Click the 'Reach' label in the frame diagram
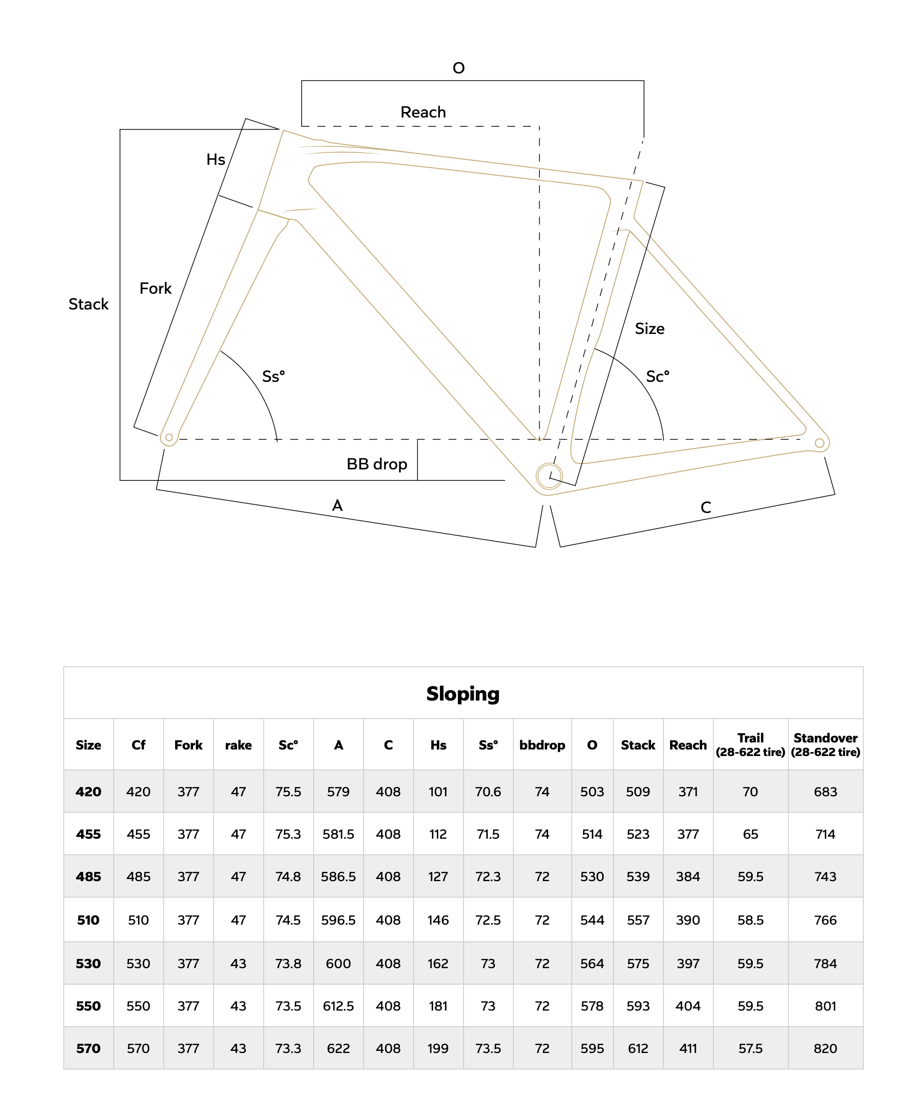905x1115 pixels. point(423,112)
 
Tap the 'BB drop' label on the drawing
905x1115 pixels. point(376,464)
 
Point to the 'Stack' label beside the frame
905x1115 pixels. point(88,304)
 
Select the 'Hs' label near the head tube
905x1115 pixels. point(215,159)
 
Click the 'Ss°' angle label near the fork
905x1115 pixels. point(273,376)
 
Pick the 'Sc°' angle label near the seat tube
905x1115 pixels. point(657,376)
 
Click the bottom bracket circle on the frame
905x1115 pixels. point(549,476)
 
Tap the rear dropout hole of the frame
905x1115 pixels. point(819,443)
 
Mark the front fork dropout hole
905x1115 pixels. point(169,437)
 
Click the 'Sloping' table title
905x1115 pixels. point(463,693)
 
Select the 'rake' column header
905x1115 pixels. point(238,745)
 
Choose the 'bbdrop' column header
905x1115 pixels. point(542,745)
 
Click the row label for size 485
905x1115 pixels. point(88,877)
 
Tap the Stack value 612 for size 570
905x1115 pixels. point(638,1048)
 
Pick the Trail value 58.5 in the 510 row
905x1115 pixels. point(750,920)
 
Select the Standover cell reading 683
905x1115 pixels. point(825,792)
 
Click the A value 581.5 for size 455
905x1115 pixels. point(338,834)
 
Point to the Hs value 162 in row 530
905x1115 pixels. point(438,964)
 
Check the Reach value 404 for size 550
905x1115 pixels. point(687,1006)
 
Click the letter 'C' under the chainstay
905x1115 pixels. point(705,507)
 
